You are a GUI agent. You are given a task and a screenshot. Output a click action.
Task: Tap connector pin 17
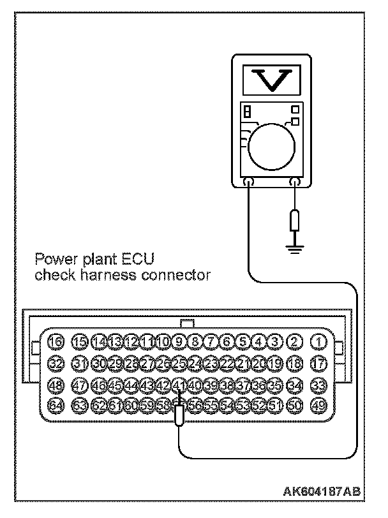317,364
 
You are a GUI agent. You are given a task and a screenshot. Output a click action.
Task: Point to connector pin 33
317,385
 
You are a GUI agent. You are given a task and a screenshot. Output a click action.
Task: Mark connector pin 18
294,364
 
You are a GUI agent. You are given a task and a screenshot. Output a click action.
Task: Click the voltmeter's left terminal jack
249,184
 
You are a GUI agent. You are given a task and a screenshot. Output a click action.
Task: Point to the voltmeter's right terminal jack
294,184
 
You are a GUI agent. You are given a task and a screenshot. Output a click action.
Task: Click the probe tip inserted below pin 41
180,415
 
